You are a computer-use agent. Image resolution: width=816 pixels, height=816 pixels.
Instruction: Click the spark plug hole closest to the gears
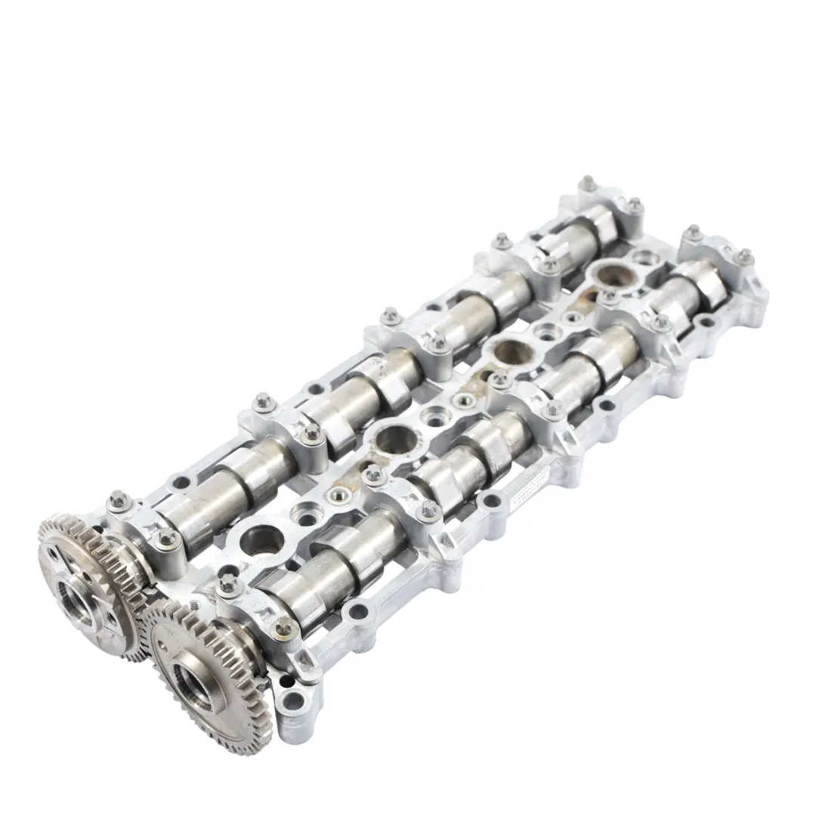coord(261,538)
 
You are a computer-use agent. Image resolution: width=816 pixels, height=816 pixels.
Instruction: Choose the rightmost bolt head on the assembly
coord(744,255)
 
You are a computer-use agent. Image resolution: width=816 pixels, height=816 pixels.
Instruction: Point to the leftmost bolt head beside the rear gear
coord(117,499)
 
